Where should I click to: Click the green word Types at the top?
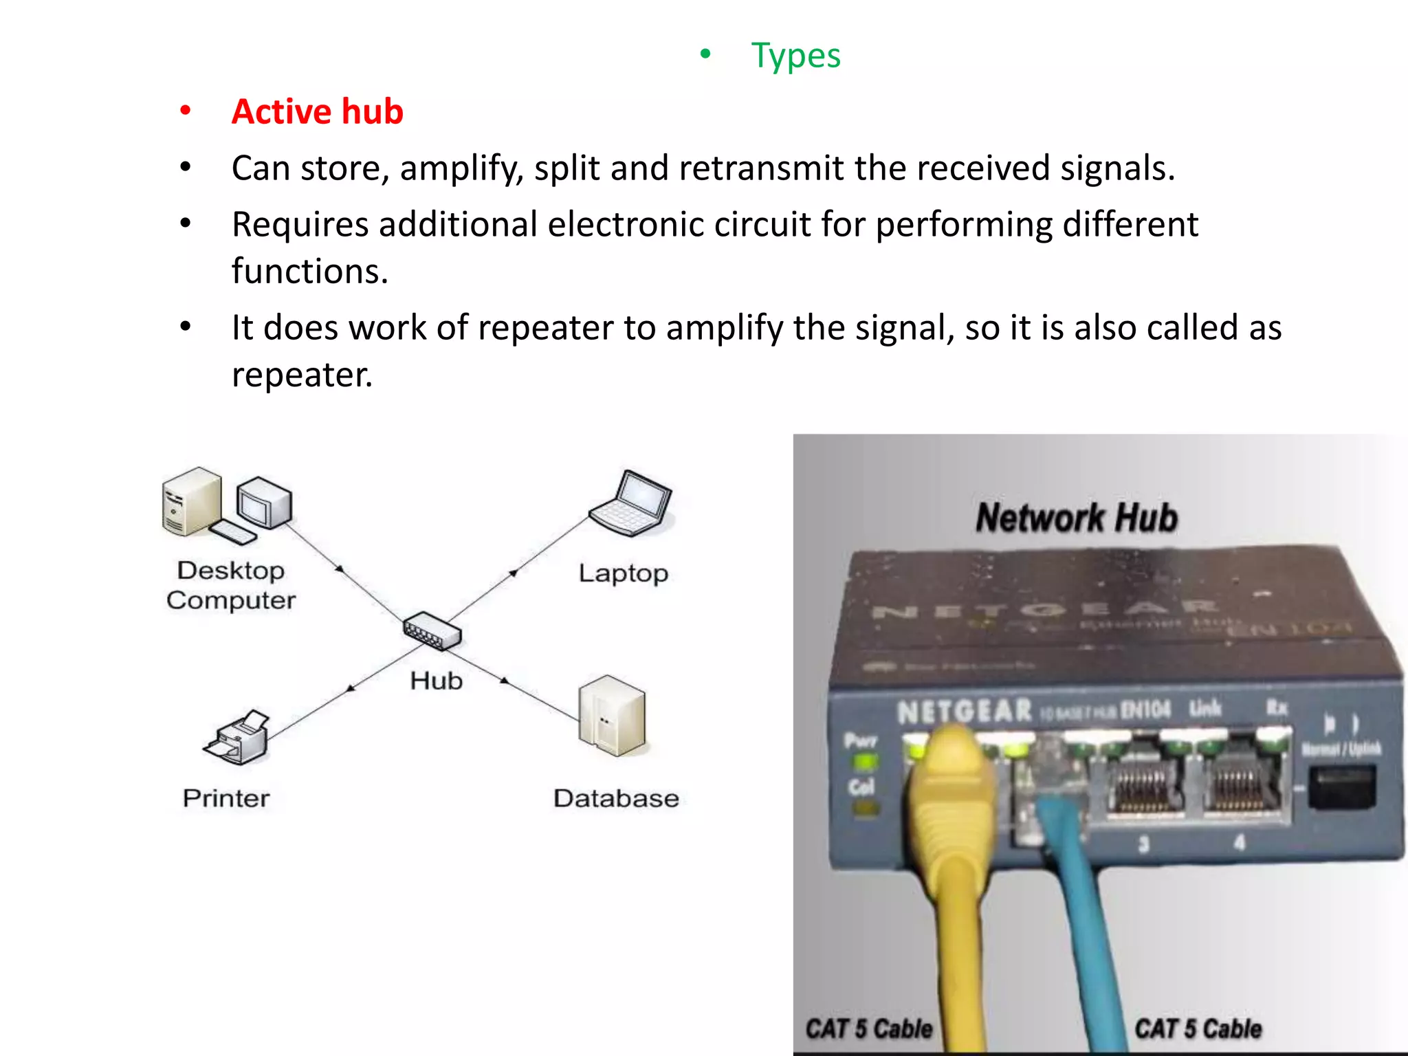[795, 56]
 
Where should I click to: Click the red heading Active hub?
[317, 111]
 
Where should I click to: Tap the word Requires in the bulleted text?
[300, 225]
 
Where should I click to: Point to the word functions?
[309, 272]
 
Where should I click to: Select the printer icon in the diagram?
[237, 738]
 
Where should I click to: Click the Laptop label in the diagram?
[623, 573]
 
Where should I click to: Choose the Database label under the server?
[616, 798]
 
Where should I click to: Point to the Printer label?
[226, 798]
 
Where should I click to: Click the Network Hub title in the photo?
[1077, 518]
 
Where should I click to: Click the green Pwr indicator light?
[864, 762]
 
